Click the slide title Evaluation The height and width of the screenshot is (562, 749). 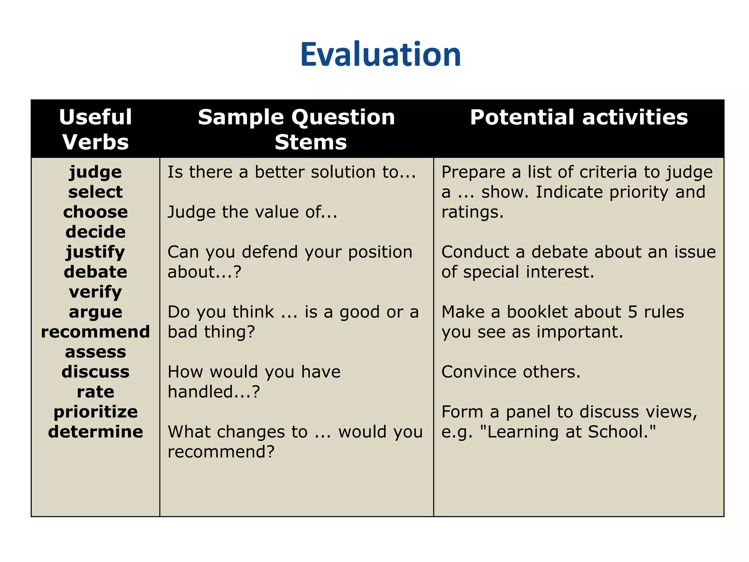coord(380,55)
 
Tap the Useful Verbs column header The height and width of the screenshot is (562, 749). coord(95,129)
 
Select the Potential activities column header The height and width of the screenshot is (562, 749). coord(579,117)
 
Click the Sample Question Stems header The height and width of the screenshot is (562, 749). coord(297,129)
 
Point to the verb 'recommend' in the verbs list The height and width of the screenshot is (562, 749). coord(95,332)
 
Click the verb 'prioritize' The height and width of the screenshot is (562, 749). coord(95,412)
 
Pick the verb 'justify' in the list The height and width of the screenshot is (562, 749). coord(95,252)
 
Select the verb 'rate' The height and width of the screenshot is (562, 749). coord(95,392)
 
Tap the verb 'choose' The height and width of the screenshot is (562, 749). coord(95,212)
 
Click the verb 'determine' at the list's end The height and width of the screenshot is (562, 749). coord(95,432)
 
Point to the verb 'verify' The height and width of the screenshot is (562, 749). coord(95,292)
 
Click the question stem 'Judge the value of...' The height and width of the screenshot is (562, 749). coord(252,212)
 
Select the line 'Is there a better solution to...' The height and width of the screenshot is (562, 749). coord(291,172)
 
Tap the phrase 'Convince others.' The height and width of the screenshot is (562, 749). coord(511,372)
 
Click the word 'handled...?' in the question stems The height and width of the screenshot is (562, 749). coord(214,392)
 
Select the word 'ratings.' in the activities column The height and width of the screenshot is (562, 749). coord(472,212)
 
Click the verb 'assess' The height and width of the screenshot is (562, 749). coord(95,352)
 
